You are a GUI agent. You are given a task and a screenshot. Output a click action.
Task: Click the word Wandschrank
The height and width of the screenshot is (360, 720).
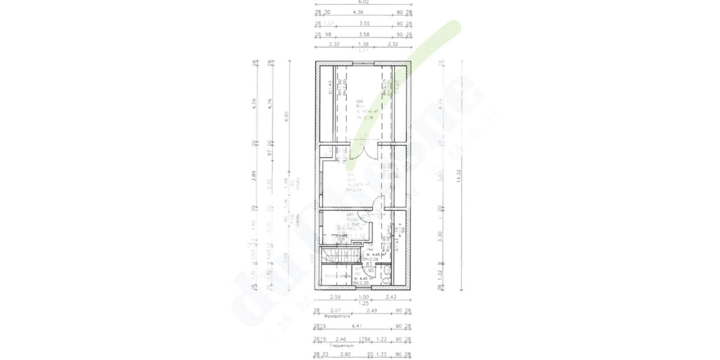pyautogui.click(x=336, y=316)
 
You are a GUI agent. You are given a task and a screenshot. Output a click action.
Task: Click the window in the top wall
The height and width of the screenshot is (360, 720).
pyautogui.click(x=364, y=62)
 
